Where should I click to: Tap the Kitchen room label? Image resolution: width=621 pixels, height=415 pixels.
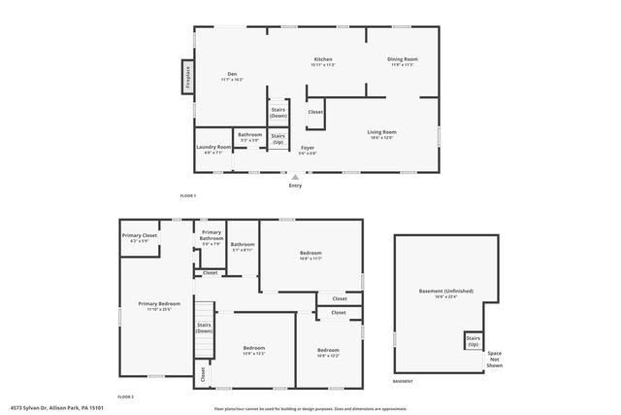click(x=323, y=62)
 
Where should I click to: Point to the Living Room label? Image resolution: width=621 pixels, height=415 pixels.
click(x=381, y=134)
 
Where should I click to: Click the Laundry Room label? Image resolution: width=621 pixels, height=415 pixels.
click(x=212, y=150)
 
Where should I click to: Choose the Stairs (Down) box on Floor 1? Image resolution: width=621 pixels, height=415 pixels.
click(x=278, y=112)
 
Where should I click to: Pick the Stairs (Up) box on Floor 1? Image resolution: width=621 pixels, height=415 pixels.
click(x=278, y=138)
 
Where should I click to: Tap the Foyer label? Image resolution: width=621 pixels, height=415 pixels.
click(x=307, y=151)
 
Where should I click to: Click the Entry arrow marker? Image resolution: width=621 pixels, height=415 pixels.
click(x=295, y=177)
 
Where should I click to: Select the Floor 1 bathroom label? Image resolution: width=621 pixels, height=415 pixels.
click(x=249, y=138)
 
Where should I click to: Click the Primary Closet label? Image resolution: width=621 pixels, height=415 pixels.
click(x=139, y=237)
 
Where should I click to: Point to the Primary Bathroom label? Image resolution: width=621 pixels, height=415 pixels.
click(x=212, y=240)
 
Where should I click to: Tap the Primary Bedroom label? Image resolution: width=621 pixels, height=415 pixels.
click(x=154, y=307)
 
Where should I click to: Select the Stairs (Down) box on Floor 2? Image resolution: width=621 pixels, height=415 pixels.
click(x=204, y=329)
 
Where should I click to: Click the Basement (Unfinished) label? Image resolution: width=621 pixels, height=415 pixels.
click(x=444, y=294)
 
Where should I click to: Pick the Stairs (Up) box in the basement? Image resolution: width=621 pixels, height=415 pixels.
click(x=473, y=342)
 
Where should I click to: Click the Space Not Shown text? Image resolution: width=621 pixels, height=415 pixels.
click(x=495, y=358)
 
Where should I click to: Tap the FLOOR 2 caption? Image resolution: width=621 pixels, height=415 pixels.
click(x=125, y=398)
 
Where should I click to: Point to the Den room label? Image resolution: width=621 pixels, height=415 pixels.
click(x=233, y=76)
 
